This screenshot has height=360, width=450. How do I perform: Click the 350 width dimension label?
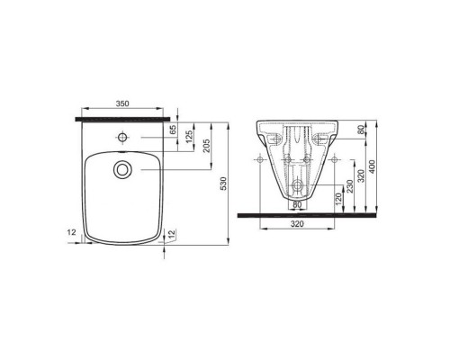click(x=124, y=104)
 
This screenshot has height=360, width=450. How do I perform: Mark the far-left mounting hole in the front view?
click(x=260, y=159)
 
